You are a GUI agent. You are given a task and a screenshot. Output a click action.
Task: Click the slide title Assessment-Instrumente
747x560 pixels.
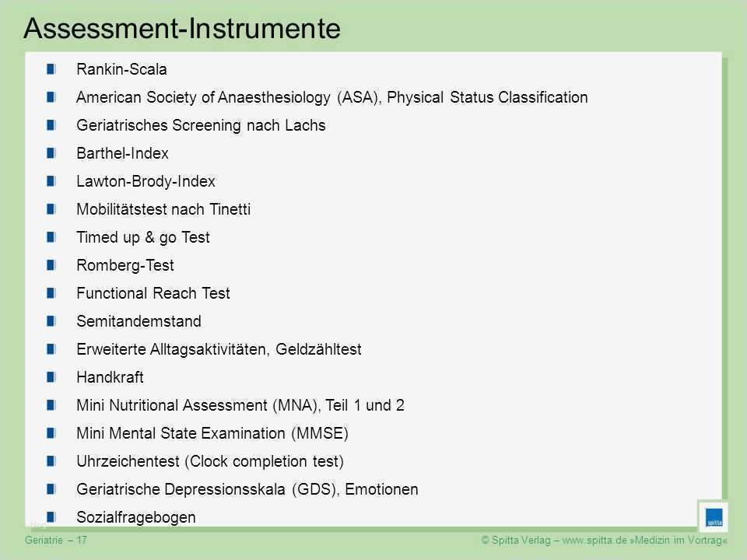[x=182, y=28]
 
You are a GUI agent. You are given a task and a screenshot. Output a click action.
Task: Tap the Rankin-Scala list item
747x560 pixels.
[x=121, y=69]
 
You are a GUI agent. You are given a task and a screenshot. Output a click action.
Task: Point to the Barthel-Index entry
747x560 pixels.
[x=122, y=153]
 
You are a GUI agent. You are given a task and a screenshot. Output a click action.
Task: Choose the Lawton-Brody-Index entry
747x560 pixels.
[x=146, y=181]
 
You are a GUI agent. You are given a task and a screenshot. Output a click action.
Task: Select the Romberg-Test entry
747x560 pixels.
[x=125, y=265]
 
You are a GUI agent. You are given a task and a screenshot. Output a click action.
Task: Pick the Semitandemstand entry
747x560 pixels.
[x=139, y=321]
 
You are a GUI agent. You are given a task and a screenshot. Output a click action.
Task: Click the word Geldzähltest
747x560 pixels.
[x=320, y=349]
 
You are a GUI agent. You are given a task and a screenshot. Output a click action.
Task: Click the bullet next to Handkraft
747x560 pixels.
[x=51, y=377]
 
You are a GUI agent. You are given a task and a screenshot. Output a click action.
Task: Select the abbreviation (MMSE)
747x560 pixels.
[x=319, y=433]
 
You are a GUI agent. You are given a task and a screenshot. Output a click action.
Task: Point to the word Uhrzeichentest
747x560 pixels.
[x=128, y=461]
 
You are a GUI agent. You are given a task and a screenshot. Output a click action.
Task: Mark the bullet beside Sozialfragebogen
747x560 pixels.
[x=51, y=517]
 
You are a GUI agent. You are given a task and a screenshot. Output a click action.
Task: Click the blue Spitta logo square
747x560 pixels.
[x=713, y=517]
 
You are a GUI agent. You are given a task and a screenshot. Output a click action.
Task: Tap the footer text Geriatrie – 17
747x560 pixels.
[x=56, y=539]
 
